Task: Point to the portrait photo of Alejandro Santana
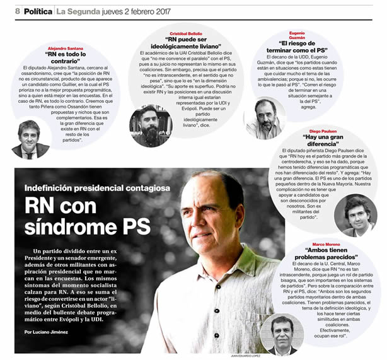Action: [x=29, y=139]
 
